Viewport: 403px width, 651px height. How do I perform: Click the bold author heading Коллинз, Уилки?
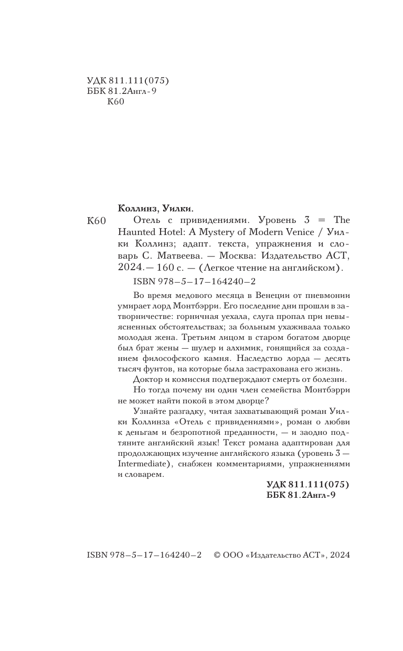point(156,207)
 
